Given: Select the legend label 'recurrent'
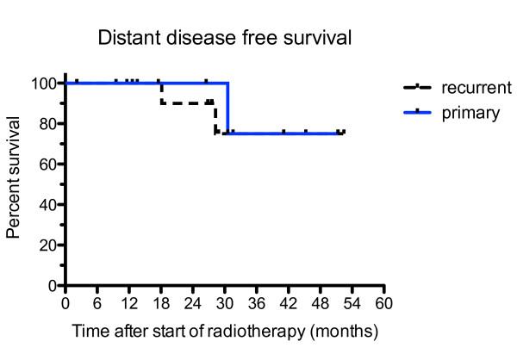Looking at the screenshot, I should point(477,88).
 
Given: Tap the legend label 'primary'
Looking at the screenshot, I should point(470,112).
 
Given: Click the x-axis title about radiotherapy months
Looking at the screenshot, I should point(225,330).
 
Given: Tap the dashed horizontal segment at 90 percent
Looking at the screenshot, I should point(185,103).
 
